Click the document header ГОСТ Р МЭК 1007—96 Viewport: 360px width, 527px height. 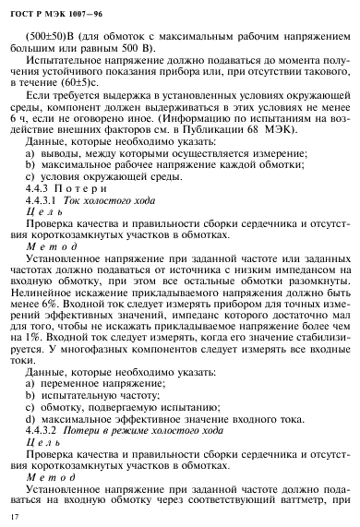[x=58, y=14]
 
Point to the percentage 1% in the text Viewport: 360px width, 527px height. [x=71, y=348]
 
